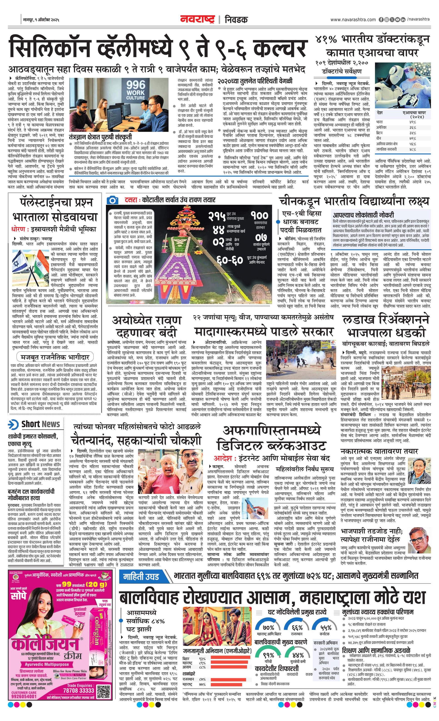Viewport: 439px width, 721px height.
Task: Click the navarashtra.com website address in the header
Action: click(x=353, y=20)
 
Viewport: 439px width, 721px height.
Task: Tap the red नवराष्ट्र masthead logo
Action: click(x=197, y=19)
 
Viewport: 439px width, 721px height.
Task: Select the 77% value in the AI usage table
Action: click(x=413, y=138)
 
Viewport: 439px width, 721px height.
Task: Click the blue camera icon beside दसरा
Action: click(x=112, y=200)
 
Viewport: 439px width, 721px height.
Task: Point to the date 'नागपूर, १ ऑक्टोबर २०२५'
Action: click(x=41, y=20)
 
